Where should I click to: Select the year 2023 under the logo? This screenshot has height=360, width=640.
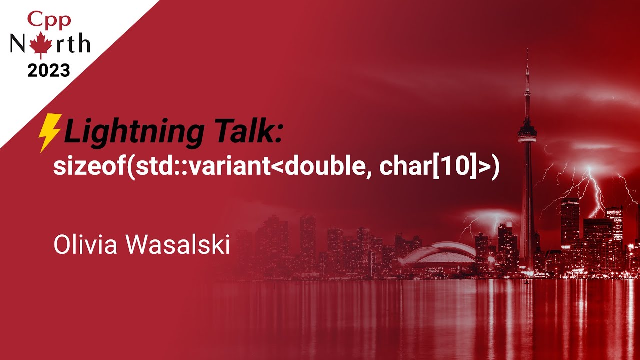click(x=49, y=70)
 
